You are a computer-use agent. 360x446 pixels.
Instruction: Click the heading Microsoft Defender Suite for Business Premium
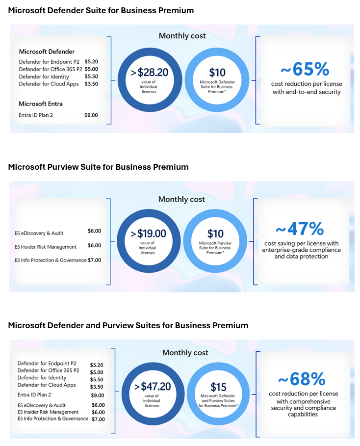[101, 10]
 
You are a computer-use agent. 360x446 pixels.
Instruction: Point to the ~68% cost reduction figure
[302, 379]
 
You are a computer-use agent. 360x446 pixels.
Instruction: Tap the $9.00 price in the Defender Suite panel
[91, 115]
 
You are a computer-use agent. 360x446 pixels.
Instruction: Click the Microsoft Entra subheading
[41, 104]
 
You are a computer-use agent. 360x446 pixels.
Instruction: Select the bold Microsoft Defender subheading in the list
[47, 52]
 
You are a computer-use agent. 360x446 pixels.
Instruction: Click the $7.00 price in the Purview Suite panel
[94, 260]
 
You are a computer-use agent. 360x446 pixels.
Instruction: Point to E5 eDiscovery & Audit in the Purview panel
[39, 233]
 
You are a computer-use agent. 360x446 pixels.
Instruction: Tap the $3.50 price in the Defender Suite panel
[91, 84]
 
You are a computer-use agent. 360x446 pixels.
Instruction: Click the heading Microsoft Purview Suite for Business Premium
[98, 167]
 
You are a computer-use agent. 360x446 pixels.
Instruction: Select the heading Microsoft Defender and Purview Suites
[128, 325]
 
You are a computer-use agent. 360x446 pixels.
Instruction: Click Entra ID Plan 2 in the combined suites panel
[34, 394]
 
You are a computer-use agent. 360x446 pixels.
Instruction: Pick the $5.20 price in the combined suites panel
[97, 365]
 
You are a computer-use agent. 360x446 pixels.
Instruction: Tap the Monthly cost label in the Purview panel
[181, 199]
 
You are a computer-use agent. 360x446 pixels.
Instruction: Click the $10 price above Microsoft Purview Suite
[215, 233]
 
